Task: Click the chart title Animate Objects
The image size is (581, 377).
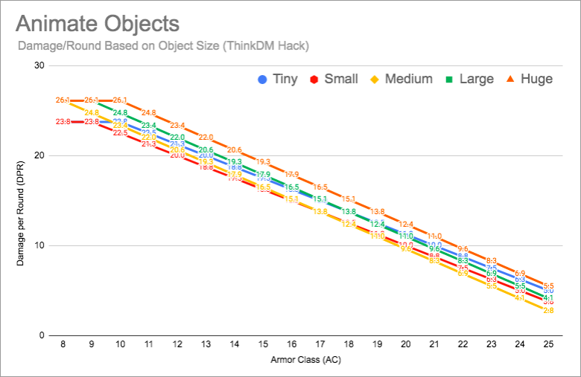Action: (98, 23)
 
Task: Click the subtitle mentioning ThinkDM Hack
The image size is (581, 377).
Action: (162, 46)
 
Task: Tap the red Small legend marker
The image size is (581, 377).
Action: (315, 79)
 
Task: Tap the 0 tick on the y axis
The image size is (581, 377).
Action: (42, 335)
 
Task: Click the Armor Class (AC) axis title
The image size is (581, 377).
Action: (305, 361)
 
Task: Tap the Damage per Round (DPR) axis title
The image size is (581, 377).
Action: (21, 201)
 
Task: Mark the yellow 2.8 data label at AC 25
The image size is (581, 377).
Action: (548, 310)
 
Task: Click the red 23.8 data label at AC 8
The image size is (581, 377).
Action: (63, 121)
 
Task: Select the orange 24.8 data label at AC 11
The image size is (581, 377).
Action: (148, 112)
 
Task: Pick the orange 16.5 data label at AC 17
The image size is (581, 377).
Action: (320, 187)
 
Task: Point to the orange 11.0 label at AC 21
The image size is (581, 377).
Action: (434, 236)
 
